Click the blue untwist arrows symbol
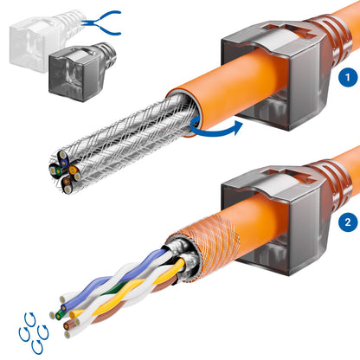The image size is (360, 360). (x=31, y=332)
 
